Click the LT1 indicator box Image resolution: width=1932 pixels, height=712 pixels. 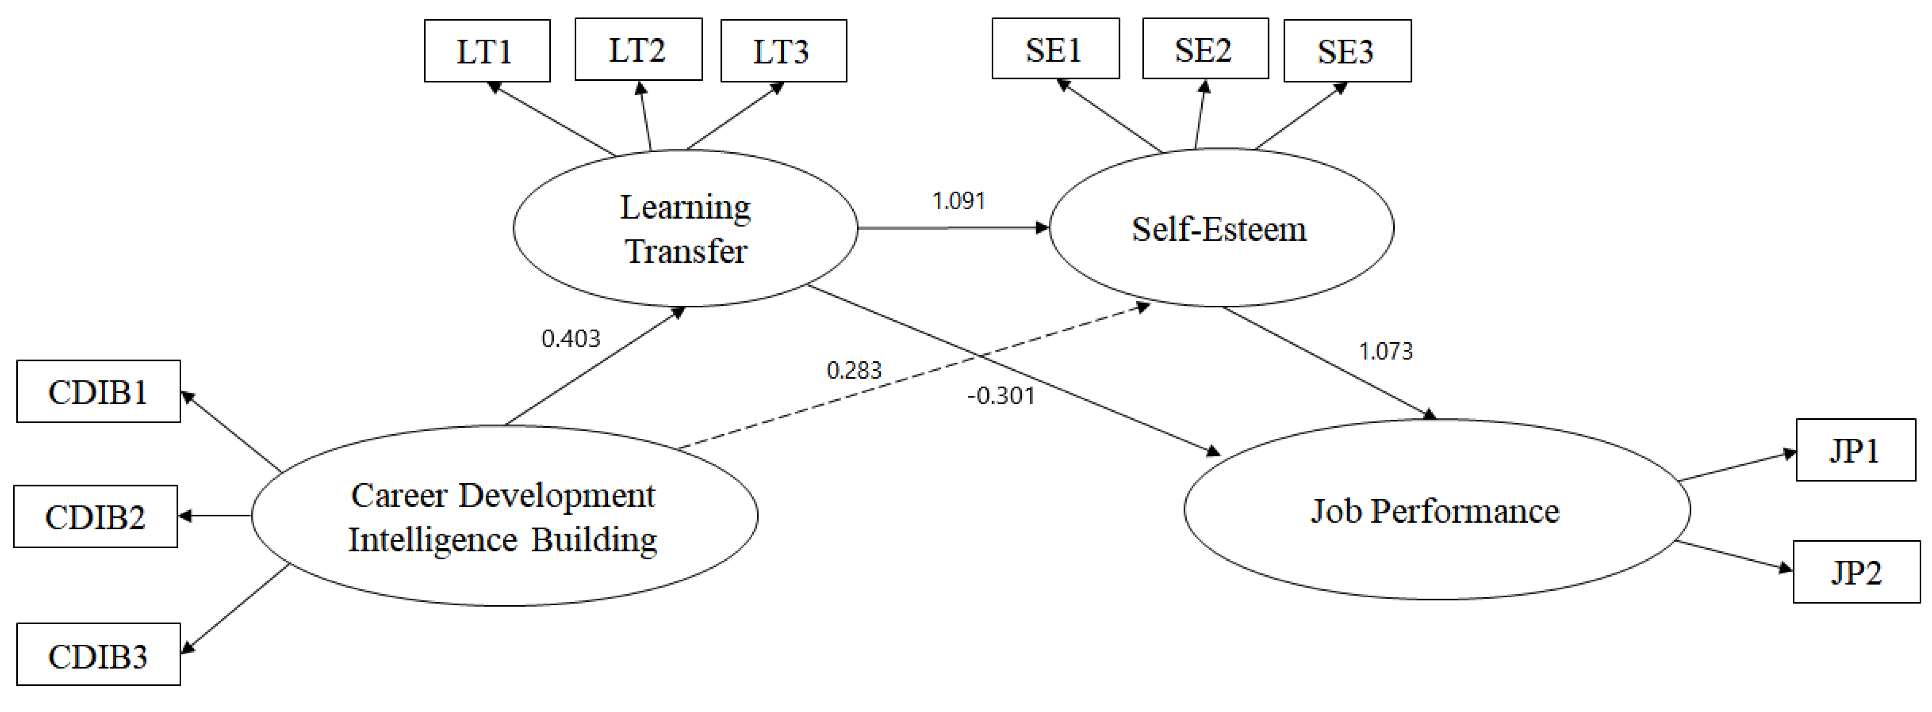tap(487, 51)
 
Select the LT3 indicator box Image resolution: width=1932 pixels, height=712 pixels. tap(783, 51)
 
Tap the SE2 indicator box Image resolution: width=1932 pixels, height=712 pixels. tap(1205, 49)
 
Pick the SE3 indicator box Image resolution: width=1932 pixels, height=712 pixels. tap(1347, 51)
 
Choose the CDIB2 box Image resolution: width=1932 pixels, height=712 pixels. tap(95, 516)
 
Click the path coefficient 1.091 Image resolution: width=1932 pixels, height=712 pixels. tap(958, 201)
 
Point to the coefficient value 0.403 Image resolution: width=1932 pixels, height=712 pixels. tap(571, 339)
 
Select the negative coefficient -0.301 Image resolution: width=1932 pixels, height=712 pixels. tap(1000, 396)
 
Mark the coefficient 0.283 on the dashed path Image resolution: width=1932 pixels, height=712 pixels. tap(854, 370)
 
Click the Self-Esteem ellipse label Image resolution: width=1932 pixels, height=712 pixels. tap(1219, 229)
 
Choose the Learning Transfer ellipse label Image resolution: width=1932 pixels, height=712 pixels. tap(685, 229)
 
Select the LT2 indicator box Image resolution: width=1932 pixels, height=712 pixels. tap(637, 49)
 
